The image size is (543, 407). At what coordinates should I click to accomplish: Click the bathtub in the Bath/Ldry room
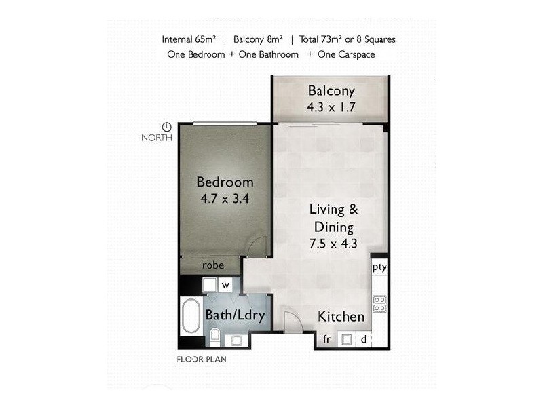(x=191, y=315)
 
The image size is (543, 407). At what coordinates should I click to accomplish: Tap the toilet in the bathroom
(x=215, y=337)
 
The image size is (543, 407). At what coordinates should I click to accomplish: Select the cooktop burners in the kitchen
(x=379, y=303)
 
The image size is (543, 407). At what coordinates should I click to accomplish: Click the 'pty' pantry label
(x=379, y=267)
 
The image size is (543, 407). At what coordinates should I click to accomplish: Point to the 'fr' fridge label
(x=326, y=339)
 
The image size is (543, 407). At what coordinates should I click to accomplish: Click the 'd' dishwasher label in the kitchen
(x=363, y=340)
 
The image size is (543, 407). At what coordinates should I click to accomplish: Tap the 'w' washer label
(x=225, y=285)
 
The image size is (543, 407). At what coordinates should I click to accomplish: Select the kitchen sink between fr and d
(x=347, y=340)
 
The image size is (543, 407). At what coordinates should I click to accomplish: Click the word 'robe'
(x=213, y=265)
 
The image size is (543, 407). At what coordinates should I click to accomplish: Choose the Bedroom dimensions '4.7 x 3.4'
(x=225, y=199)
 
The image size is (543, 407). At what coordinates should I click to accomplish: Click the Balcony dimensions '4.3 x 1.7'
(x=331, y=107)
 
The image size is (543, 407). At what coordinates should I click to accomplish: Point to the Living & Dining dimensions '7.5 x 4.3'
(x=333, y=244)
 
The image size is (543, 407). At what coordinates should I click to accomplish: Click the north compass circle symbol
(x=167, y=127)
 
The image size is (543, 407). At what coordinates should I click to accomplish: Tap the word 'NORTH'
(x=157, y=138)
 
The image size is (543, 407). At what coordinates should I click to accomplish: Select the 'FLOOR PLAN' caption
(x=202, y=360)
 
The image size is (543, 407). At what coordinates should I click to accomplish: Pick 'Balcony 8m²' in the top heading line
(x=258, y=39)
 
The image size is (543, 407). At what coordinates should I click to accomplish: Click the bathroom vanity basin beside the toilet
(x=236, y=341)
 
